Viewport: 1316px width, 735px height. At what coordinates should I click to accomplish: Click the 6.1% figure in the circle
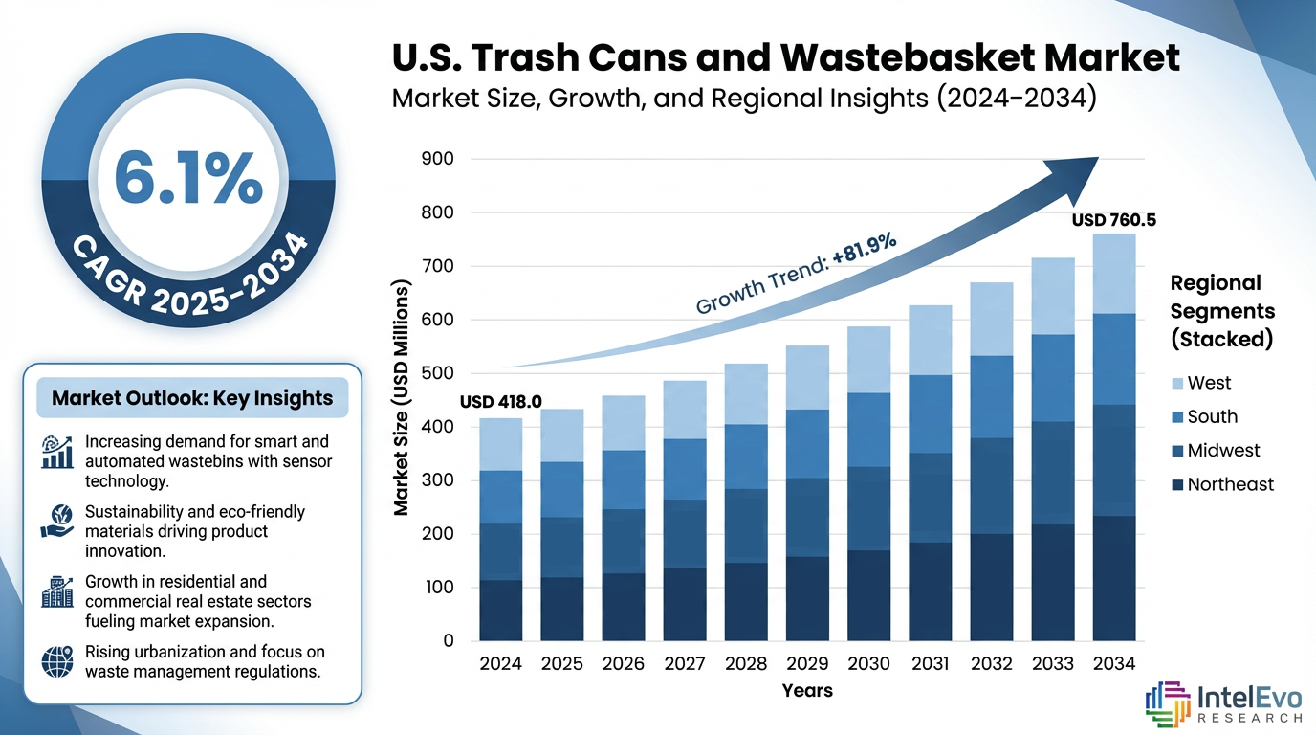click(x=188, y=178)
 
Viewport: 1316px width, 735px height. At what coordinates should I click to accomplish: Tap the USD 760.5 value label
click(x=1113, y=220)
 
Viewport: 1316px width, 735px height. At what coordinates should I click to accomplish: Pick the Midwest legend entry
click(x=1222, y=451)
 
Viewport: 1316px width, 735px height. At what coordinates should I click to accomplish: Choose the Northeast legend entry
click(x=1229, y=484)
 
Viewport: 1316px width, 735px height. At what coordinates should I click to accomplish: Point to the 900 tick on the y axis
click(x=438, y=160)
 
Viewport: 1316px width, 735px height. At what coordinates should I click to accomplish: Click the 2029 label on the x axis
click(x=806, y=663)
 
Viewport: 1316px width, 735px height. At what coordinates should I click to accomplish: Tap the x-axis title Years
click(x=806, y=690)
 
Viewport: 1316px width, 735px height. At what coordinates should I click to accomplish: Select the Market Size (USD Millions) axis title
click(x=402, y=398)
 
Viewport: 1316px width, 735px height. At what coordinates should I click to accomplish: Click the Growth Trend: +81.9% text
click(x=796, y=275)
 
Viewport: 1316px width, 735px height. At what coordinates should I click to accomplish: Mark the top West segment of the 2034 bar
click(x=1113, y=274)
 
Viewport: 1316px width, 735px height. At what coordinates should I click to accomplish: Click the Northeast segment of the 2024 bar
click(x=500, y=610)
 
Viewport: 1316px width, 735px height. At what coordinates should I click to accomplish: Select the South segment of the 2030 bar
click(x=868, y=430)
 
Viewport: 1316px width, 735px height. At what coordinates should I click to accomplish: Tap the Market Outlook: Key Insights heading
click(x=192, y=398)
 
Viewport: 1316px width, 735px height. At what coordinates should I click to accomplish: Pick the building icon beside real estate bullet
click(x=57, y=592)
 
